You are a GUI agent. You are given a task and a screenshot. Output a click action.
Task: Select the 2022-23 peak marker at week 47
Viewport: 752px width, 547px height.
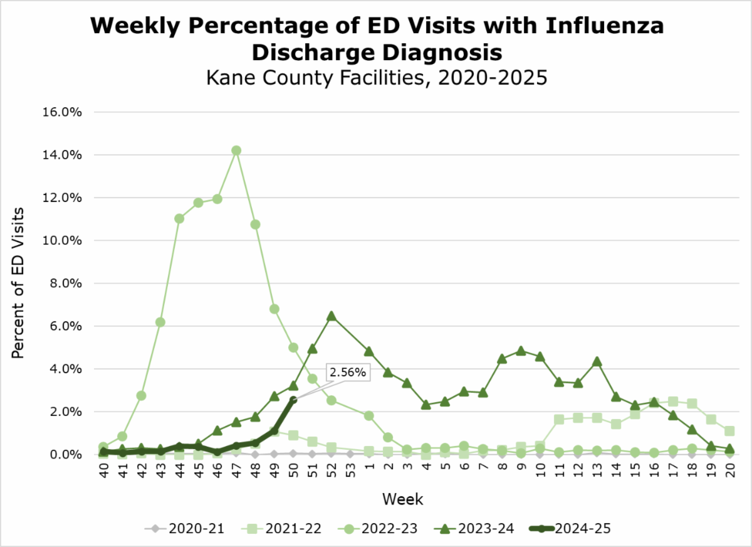click(236, 151)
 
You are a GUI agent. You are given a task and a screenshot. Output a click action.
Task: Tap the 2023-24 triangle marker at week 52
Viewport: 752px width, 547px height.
click(332, 316)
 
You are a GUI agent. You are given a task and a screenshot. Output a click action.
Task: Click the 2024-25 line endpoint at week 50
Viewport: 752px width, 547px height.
click(293, 400)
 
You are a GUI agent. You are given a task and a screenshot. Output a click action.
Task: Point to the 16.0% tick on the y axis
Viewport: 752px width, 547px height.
click(61, 112)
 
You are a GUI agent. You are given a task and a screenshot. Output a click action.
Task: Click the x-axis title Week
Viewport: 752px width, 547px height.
click(404, 500)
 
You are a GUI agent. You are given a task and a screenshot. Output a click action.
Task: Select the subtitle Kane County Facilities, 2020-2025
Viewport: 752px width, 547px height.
click(376, 78)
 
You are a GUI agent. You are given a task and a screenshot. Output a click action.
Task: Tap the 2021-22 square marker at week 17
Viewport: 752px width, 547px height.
click(673, 401)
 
